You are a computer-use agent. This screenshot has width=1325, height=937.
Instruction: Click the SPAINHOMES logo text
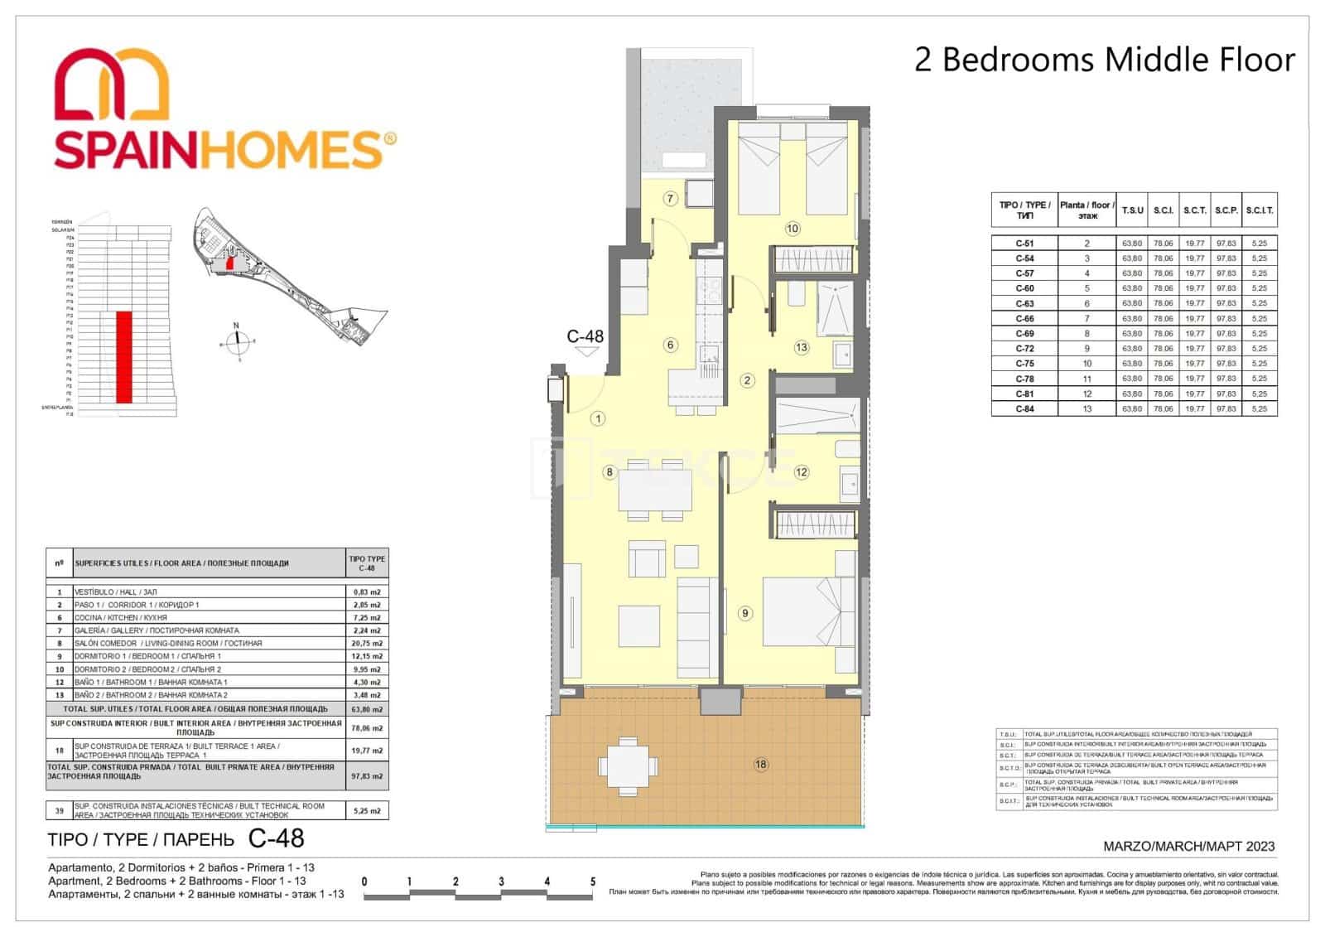(x=224, y=149)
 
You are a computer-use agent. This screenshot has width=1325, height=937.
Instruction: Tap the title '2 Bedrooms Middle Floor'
(x=1103, y=60)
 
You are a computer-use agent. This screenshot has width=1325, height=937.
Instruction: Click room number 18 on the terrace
(x=760, y=765)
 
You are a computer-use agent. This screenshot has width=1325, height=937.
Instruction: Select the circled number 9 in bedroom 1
(x=745, y=613)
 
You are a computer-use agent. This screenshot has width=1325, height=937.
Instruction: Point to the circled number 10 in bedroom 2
(x=792, y=229)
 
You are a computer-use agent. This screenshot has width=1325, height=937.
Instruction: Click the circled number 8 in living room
(x=609, y=473)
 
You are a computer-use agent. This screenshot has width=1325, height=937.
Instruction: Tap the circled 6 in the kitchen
(x=670, y=345)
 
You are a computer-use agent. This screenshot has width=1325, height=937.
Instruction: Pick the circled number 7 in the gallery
(x=670, y=199)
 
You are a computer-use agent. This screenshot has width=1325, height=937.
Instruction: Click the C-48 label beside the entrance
(x=585, y=336)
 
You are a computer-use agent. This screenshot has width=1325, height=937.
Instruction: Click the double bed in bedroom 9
(x=807, y=611)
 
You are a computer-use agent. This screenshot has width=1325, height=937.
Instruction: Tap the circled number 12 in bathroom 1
(x=801, y=473)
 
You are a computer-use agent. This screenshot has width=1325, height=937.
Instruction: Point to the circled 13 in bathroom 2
(x=801, y=348)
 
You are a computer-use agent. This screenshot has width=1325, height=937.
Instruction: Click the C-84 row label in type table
(x=1024, y=409)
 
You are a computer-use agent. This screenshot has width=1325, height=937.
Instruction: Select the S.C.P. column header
(x=1226, y=210)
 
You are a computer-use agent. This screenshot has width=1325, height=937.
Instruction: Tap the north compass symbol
(x=237, y=338)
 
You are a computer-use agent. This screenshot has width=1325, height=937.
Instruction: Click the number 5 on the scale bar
(x=592, y=881)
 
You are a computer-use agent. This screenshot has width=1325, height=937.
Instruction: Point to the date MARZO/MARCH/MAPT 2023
(x=1189, y=846)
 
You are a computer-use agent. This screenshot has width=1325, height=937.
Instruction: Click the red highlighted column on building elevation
(x=124, y=357)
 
